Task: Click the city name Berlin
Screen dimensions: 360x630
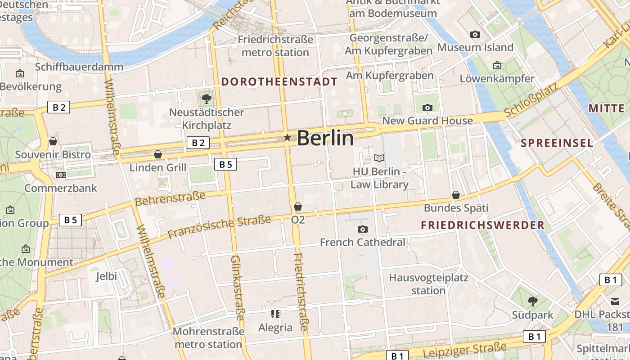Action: (325, 138)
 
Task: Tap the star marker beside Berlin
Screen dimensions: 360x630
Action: (287, 137)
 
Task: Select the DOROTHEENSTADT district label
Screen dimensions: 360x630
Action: (279, 82)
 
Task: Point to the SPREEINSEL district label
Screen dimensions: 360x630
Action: (557, 143)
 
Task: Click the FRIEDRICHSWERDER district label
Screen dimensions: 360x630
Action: (482, 225)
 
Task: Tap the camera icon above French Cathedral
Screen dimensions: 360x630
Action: (362, 229)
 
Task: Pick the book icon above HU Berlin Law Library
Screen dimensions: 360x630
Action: (379, 158)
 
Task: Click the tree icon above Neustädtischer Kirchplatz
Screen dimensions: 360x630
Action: (207, 99)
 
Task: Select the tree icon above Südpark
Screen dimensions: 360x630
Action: (532, 301)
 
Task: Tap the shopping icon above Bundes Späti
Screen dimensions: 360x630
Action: (456, 195)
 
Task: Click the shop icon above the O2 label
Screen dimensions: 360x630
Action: (297, 207)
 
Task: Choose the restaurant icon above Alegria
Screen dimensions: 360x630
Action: (275, 314)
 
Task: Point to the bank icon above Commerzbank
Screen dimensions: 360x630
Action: (61, 175)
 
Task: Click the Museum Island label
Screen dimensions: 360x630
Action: (475, 47)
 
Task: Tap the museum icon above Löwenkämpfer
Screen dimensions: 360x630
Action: (497, 65)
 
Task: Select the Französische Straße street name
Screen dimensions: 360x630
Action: (219, 227)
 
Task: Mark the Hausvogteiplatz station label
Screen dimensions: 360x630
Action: (428, 284)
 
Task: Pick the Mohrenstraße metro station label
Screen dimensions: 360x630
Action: (208, 338)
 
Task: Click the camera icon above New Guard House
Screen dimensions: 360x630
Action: (427, 108)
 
